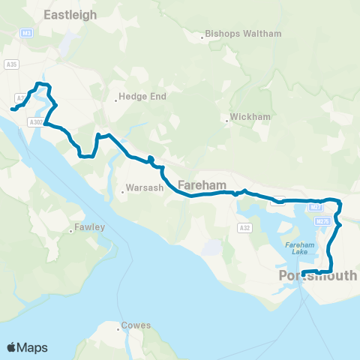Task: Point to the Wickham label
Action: click(247, 118)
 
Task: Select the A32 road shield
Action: click(244, 227)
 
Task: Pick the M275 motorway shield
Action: click(323, 221)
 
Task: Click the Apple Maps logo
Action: click(27, 347)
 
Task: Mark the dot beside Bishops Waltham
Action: click(202, 34)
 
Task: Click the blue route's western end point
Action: click(12, 110)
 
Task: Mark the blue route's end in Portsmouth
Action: click(303, 272)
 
